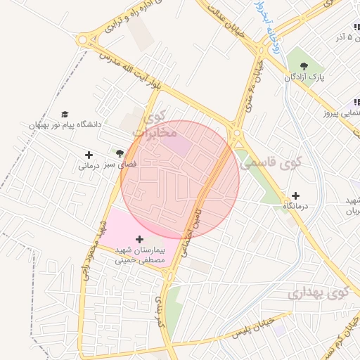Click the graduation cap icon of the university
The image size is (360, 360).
coord(65,114)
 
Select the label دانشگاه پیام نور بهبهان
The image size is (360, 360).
coord(65,124)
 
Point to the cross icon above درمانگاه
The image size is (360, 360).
coord(295,195)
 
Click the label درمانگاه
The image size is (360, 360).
coord(296,207)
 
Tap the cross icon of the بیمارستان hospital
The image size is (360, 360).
coord(139,239)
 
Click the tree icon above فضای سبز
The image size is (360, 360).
coord(120,152)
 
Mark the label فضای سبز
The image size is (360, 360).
coord(120,163)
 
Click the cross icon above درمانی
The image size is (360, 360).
coord(88,155)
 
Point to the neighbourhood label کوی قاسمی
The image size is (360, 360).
coord(264,162)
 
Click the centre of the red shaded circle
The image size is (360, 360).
coord(180,179)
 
